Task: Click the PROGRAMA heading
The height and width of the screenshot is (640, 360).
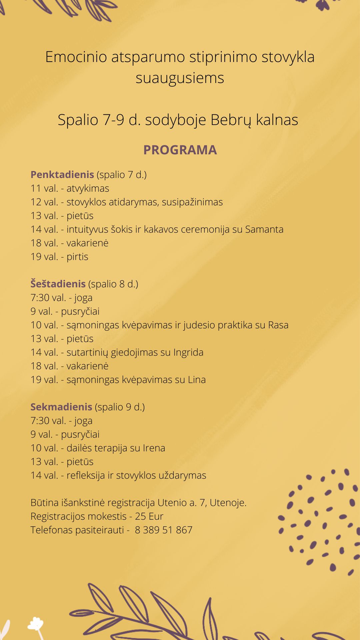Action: (x=180, y=150)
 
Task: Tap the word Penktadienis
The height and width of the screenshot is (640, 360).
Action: (x=62, y=174)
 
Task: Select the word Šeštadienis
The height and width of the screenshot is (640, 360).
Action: (x=58, y=284)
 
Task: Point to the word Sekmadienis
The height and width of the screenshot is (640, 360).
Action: (x=61, y=407)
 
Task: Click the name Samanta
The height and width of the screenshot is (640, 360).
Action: (x=264, y=229)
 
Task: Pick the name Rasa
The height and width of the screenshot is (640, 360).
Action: (x=278, y=325)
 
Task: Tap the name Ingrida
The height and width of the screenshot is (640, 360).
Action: (x=188, y=352)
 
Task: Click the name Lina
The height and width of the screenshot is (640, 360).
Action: (x=197, y=380)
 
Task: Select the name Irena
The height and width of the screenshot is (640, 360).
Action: (x=154, y=448)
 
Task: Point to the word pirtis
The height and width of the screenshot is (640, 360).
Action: (x=77, y=257)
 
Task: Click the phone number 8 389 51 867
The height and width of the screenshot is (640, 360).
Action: (x=164, y=530)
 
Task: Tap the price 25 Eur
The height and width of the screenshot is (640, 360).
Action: (x=149, y=516)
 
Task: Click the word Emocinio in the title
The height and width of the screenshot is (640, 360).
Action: (x=76, y=57)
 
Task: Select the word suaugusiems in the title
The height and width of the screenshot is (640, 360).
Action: (x=180, y=78)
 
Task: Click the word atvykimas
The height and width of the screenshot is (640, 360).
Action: (x=88, y=188)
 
